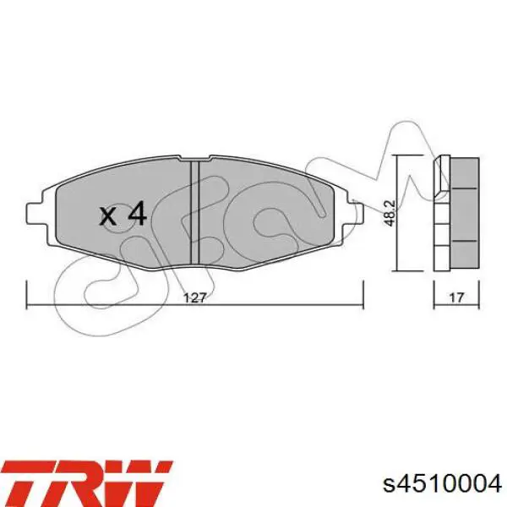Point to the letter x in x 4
click(x=108, y=217)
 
